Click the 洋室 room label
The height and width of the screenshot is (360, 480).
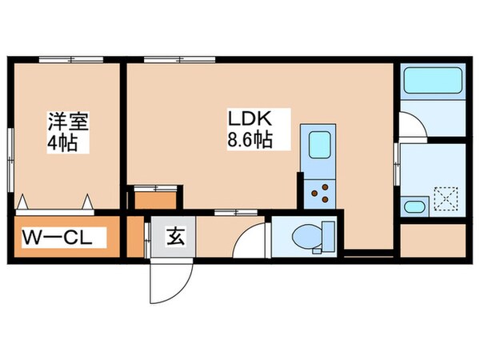click(66, 122)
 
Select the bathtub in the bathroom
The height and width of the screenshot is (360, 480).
click(431, 82)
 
